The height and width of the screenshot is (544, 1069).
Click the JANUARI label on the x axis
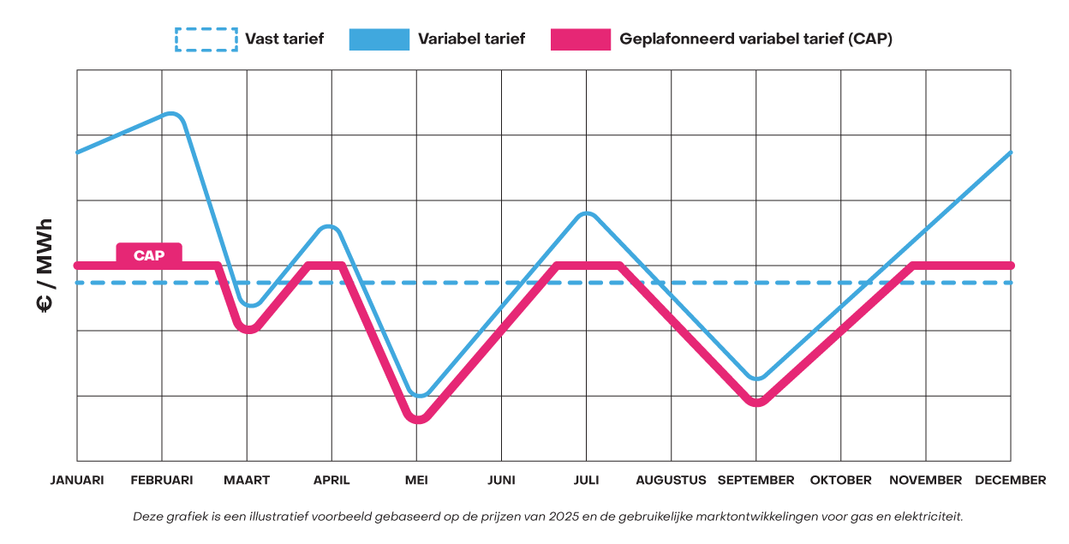coord(77,480)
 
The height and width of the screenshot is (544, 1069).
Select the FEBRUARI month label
coord(162,480)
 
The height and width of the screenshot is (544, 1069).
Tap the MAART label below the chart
coord(247,480)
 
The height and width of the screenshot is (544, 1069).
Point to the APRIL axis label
coord(331,480)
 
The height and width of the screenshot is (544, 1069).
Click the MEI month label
coord(416,480)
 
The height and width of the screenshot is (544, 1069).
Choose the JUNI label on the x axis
coord(501,480)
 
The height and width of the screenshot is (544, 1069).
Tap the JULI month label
coord(586,480)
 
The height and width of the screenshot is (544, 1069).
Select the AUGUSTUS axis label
coord(671,480)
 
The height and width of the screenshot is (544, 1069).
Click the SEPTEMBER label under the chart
coord(755,480)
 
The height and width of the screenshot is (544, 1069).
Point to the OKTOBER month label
coord(840,480)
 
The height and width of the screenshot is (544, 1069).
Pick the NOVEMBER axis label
coord(925,480)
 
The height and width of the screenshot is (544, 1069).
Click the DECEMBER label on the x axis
coord(1010,480)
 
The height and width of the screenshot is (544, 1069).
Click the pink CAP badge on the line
coord(149,254)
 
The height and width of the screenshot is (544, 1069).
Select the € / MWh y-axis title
coord(45,266)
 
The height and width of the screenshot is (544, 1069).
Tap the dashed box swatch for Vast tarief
coord(206,39)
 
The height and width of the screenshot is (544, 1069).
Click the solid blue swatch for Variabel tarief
coord(379,39)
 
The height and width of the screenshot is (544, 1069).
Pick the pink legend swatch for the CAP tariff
coord(581,39)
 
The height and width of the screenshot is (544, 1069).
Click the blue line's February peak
coord(171,114)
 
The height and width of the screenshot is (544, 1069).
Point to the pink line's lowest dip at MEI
coord(417,418)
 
